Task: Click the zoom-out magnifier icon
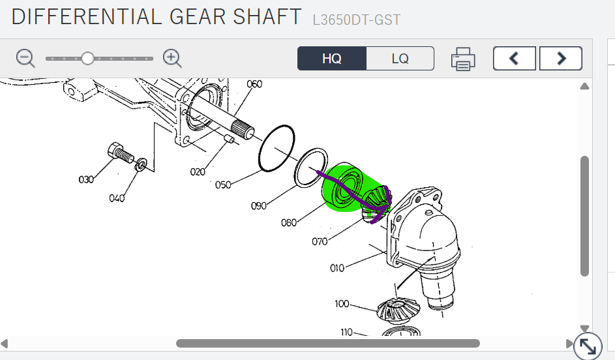coord(25,59)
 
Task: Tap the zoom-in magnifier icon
coord(172,59)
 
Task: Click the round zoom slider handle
coord(87,59)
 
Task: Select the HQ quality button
coord(332,59)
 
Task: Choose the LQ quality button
coord(400,59)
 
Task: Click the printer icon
coord(463,59)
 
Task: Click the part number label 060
coord(254,84)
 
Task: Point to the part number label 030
coord(86,179)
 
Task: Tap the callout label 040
coord(117,198)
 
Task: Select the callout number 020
coord(198,172)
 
